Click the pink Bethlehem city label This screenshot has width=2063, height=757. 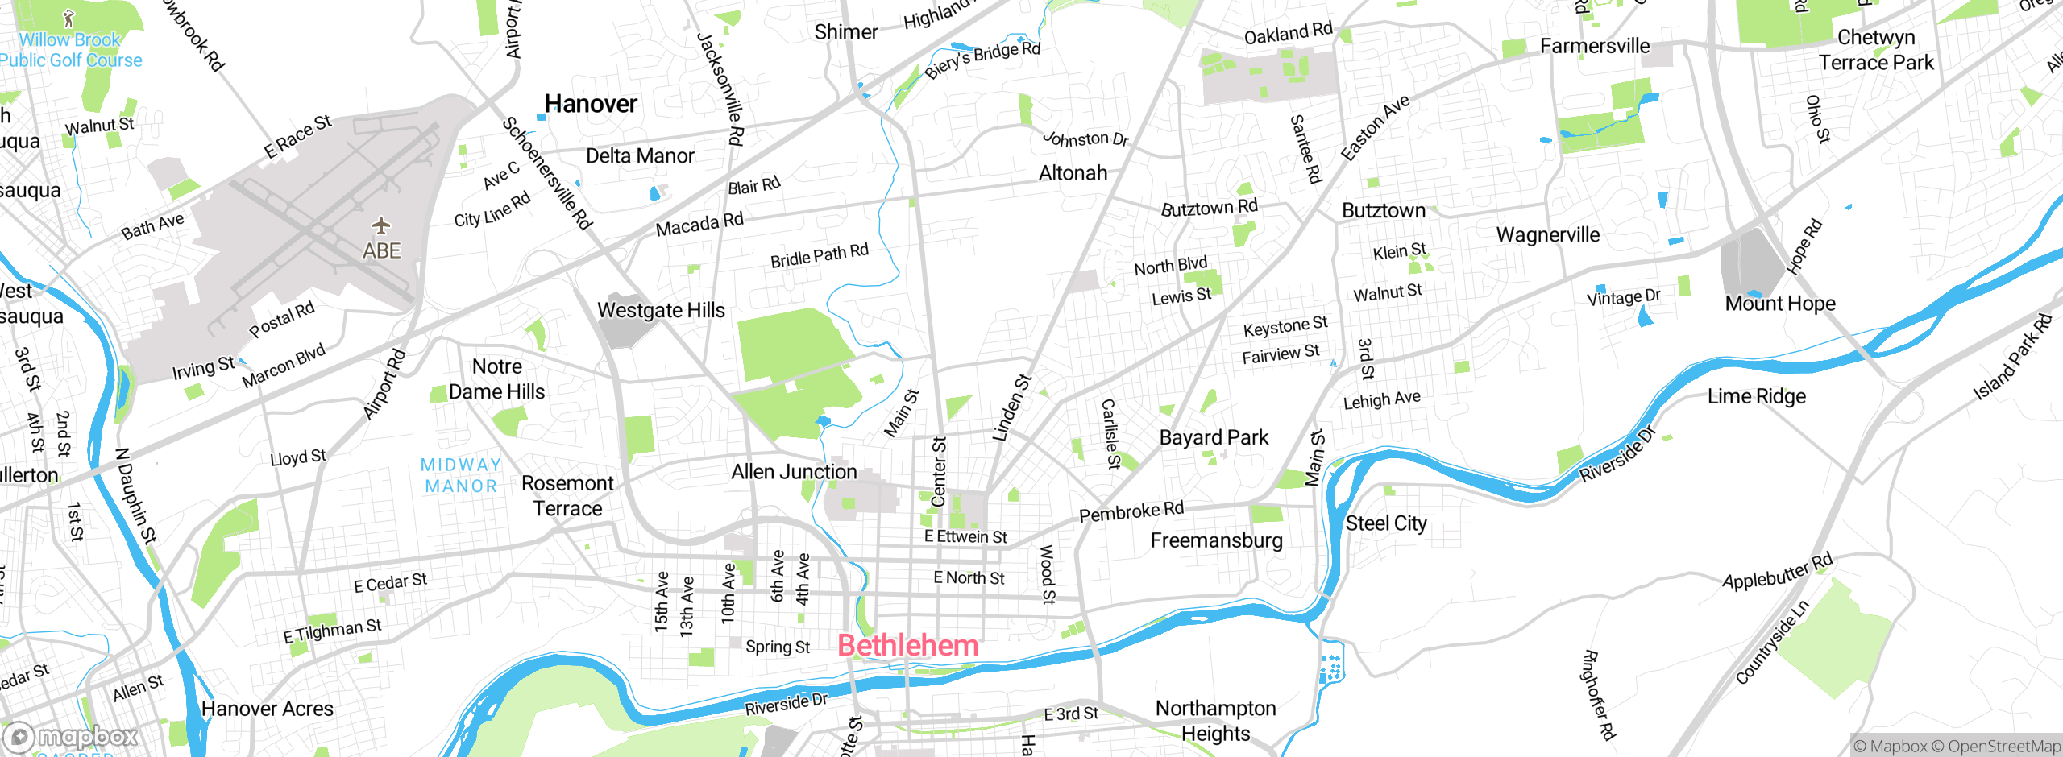908,646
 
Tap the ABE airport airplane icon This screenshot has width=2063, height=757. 380,225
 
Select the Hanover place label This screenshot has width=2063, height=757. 591,104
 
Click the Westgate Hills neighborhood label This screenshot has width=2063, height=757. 661,310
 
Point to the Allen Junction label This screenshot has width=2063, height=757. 794,472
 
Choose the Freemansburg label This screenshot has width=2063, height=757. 1216,540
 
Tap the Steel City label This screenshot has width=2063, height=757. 1386,523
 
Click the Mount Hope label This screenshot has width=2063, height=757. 1780,304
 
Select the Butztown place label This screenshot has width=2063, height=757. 1384,211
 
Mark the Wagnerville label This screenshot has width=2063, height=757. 1548,235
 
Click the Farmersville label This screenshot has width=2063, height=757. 1595,46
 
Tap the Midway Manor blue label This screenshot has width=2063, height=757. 461,475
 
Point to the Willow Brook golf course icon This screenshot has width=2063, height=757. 69,18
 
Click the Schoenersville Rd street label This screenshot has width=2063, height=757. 547,173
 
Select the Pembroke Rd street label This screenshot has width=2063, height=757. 1131,511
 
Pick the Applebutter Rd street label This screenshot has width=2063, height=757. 1777,572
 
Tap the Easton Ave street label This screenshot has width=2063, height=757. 1375,127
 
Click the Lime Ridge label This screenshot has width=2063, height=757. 1757,396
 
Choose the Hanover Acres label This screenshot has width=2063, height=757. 267,709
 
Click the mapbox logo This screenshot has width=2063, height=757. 71,737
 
